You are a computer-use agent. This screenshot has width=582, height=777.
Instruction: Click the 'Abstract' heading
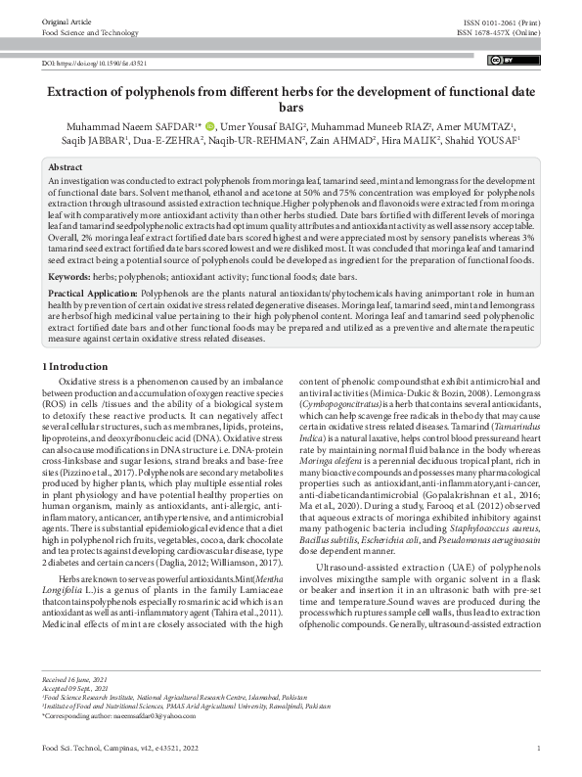point(66,168)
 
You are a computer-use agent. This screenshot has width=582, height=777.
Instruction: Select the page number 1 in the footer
point(539,758)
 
